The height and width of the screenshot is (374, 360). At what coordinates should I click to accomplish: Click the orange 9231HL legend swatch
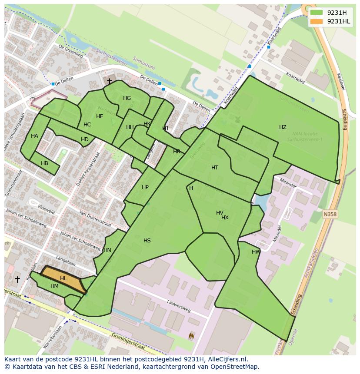(x=317, y=21)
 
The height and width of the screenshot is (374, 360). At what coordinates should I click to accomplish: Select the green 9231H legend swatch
(x=317, y=13)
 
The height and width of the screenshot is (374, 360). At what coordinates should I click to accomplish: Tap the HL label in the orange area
(x=63, y=278)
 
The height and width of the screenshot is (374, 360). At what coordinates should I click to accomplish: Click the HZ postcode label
(x=283, y=127)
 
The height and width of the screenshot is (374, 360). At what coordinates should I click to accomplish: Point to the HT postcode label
(x=215, y=168)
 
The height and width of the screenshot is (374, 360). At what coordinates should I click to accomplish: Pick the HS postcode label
(x=147, y=241)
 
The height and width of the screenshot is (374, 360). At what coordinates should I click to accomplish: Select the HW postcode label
(x=256, y=252)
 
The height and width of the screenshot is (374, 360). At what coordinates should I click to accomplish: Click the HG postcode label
(x=127, y=98)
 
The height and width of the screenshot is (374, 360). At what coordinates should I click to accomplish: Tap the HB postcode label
(x=44, y=163)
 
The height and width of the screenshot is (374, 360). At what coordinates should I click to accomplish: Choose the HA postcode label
(x=34, y=136)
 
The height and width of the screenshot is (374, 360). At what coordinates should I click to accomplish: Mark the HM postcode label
(x=54, y=286)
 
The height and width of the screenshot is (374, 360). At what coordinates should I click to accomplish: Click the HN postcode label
(x=107, y=250)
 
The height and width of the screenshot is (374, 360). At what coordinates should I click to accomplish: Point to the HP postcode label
(x=145, y=187)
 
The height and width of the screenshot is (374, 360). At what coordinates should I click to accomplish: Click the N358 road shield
(x=330, y=214)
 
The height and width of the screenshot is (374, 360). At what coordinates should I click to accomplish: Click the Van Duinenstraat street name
(x=95, y=219)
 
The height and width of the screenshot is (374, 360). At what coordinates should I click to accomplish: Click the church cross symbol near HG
(x=109, y=81)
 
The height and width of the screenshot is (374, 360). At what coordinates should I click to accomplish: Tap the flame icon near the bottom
(x=191, y=335)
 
